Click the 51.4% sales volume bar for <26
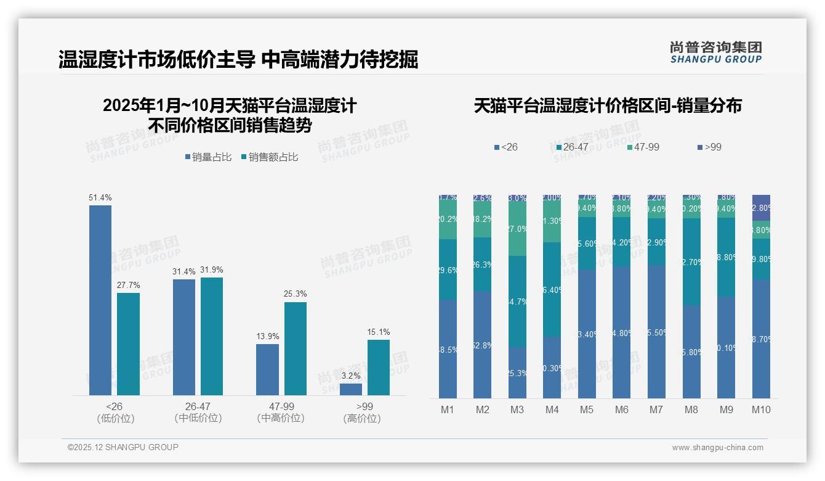pyautogui.click(x=100, y=300)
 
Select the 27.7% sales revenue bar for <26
pyautogui.click(x=128, y=343)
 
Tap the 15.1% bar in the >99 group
pyautogui.click(x=378, y=367)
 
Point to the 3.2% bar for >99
pyautogui.click(x=350, y=389)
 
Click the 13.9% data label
pyautogui.click(x=267, y=336)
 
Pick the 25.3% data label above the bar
pyautogui.click(x=295, y=294)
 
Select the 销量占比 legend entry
pyautogui.click(x=208, y=157)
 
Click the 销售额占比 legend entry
pyautogui.click(x=269, y=157)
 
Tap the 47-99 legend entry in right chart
pyautogui.click(x=643, y=147)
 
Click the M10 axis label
pyautogui.click(x=761, y=409)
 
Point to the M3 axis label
pyautogui.click(x=517, y=409)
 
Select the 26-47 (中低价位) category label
pyautogui.click(x=198, y=412)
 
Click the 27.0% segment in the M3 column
pyautogui.click(x=517, y=228)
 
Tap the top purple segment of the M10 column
pyautogui.click(x=761, y=208)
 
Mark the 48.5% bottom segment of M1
pyautogui.click(x=448, y=349)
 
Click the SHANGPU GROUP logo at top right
pyautogui.click(x=715, y=52)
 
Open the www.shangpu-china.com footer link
pyautogui.click(x=717, y=448)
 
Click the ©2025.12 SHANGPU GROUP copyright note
pyautogui.click(x=123, y=447)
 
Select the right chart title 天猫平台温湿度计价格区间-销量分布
pyautogui.click(x=607, y=105)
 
